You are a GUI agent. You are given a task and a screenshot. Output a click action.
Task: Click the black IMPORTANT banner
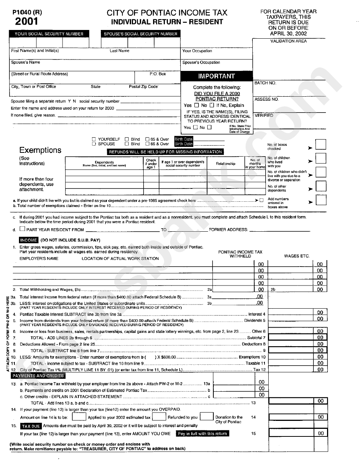(x=217, y=76)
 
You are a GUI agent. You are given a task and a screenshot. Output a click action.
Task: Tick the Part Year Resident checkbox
(x=22, y=229)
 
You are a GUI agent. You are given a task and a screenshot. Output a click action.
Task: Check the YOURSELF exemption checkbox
(x=94, y=139)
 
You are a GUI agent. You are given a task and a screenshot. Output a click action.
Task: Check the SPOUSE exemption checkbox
(x=94, y=144)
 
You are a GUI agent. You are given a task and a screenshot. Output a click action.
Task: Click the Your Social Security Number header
(x=49, y=34)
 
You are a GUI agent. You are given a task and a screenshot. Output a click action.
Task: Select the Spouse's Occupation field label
(x=201, y=63)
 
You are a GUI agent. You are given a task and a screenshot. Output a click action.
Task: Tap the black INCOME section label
(x=29, y=240)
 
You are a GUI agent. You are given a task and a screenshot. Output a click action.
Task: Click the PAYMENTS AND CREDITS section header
(x=38, y=376)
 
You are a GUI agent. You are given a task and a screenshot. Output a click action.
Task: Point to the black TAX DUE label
(x=31, y=426)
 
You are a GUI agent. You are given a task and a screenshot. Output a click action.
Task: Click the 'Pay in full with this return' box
(x=202, y=434)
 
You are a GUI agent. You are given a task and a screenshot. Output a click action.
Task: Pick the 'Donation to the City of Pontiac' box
(x=207, y=417)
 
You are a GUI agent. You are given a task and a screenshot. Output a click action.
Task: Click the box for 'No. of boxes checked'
(x=321, y=145)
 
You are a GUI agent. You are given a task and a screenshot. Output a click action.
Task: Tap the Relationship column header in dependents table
(x=225, y=164)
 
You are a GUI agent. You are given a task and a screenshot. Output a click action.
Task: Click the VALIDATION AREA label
(x=288, y=41)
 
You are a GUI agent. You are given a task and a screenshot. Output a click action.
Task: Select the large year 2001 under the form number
(x=27, y=22)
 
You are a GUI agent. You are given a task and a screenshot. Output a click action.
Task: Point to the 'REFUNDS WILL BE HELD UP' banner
(x=166, y=152)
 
